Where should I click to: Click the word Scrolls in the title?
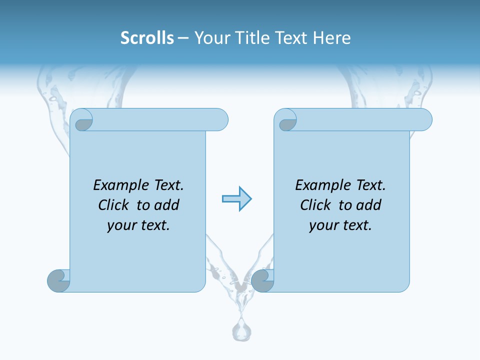pos(147,38)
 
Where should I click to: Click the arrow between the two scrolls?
pos(236,199)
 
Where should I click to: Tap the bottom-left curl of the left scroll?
pos(58,280)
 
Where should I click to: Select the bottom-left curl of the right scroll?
pos(262,280)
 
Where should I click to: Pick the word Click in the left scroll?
pos(109,205)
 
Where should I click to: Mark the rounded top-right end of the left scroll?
pos(220,119)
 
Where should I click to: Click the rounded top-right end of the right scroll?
pos(424,119)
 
